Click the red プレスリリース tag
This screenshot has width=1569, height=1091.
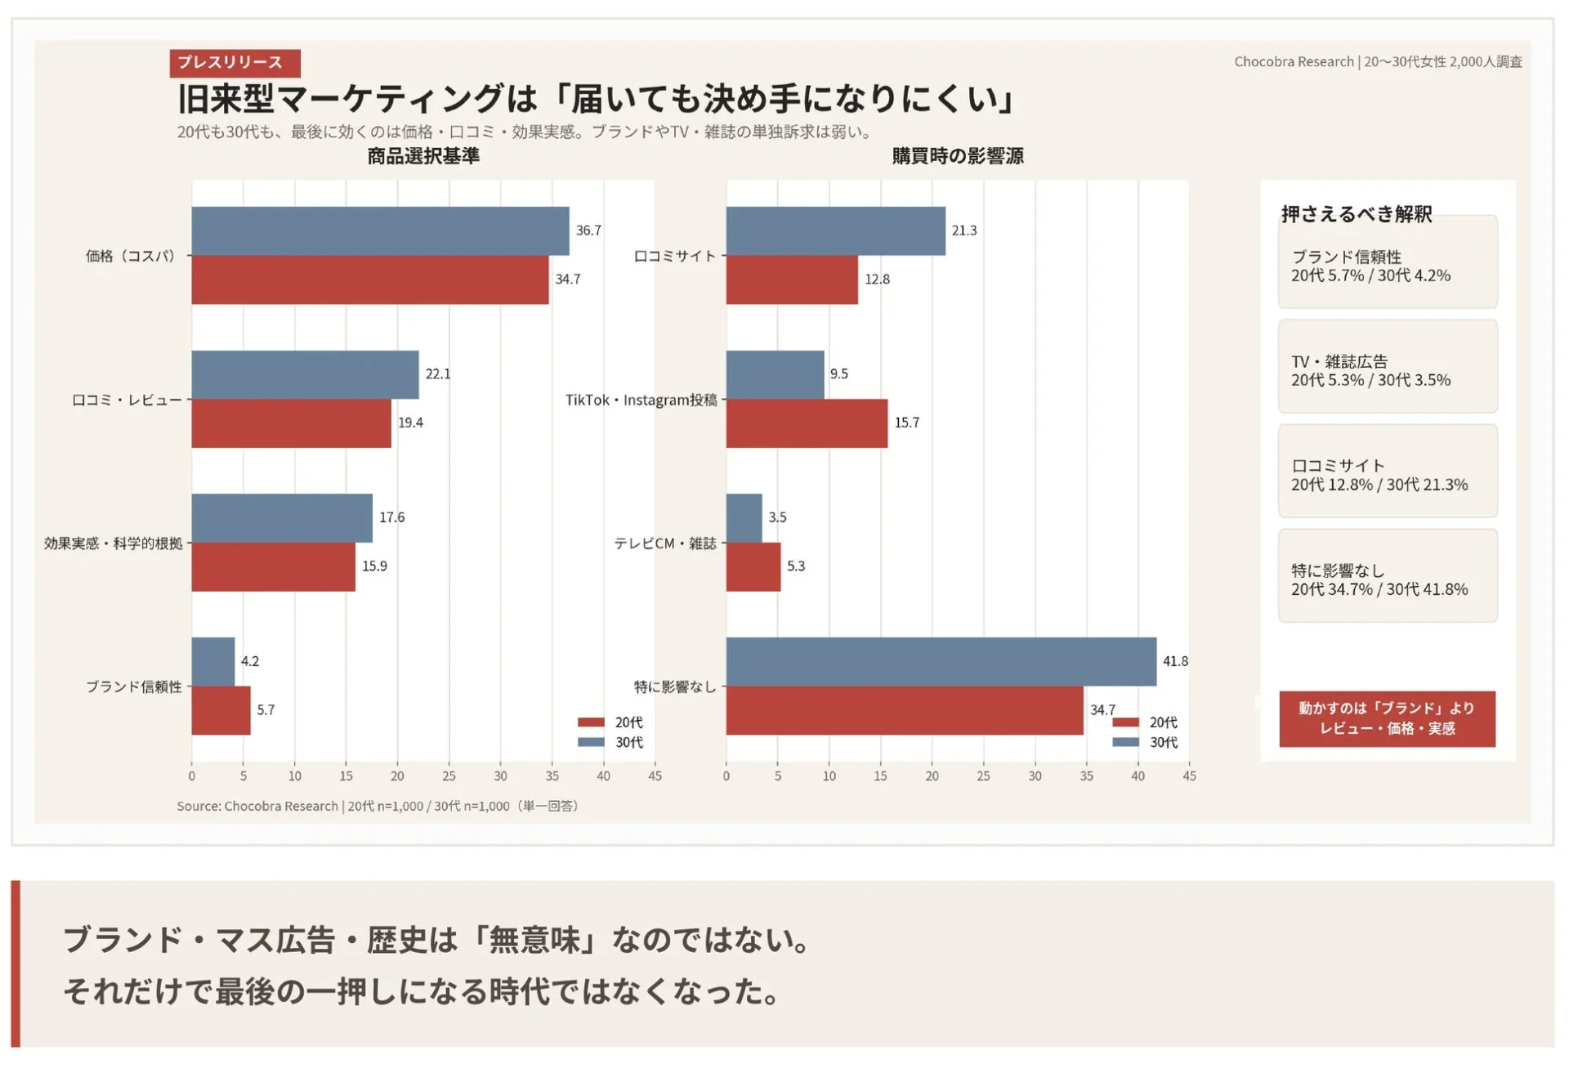point(235,63)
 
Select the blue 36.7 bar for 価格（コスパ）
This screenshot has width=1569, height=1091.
point(380,231)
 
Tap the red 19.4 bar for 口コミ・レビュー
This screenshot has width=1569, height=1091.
point(291,423)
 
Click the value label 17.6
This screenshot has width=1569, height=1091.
point(391,517)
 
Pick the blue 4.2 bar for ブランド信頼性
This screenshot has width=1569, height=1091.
point(212,661)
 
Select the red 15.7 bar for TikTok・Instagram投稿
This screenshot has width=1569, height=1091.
point(806,423)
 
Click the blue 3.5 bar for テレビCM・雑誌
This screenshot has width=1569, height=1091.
point(744,518)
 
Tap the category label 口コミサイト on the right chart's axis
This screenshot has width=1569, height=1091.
point(674,256)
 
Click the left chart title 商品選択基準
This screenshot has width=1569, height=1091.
point(422,156)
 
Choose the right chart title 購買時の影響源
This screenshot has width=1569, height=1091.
point(957,156)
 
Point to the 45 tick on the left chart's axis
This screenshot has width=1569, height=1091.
point(655,776)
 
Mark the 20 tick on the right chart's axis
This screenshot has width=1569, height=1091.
point(932,776)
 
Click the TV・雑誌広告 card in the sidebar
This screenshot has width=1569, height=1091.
point(1387,367)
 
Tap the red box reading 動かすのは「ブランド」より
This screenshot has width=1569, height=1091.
point(1387,718)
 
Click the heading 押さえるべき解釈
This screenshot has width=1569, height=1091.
point(1357,214)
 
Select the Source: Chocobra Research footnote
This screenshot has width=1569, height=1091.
point(378,806)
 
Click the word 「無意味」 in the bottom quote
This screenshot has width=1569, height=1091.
point(535,940)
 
